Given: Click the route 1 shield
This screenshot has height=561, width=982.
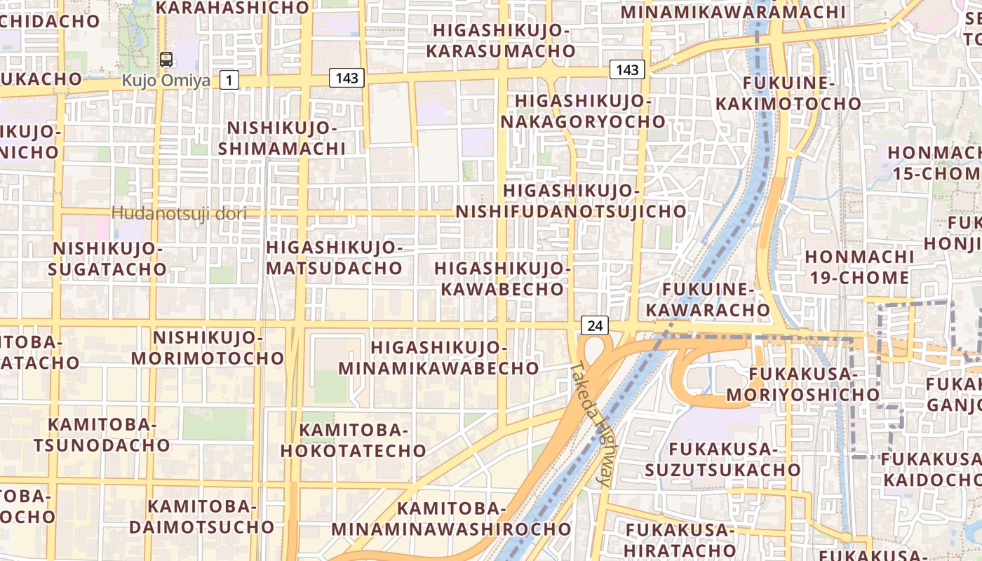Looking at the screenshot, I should [229, 81].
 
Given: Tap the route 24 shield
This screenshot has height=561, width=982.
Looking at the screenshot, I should [595, 325].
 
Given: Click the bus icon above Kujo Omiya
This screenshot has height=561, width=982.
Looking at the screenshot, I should [166, 60].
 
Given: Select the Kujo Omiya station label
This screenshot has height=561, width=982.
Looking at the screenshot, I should [166, 81].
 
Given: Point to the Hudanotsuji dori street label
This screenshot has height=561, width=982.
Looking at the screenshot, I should [179, 213].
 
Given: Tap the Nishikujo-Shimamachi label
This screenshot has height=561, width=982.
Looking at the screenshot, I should [281, 138].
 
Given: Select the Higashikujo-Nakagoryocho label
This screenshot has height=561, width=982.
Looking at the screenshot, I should [583, 111].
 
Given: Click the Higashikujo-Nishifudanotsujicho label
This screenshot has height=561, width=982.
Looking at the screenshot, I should [571, 201].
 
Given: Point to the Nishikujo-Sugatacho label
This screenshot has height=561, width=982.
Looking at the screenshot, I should [109, 259].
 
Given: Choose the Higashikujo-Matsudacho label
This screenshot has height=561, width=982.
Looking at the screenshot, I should [334, 257].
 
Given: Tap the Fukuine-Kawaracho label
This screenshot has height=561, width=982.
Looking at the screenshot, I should [708, 299].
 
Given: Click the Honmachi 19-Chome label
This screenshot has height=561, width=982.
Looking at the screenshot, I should [859, 266].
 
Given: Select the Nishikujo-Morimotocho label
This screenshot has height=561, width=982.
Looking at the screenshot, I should [208, 348].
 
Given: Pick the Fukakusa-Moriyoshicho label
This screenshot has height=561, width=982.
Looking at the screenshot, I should [802, 384].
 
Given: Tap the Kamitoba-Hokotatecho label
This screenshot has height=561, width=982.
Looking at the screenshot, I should [353, 440].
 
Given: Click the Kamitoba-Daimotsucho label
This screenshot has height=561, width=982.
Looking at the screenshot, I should [201, 516].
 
